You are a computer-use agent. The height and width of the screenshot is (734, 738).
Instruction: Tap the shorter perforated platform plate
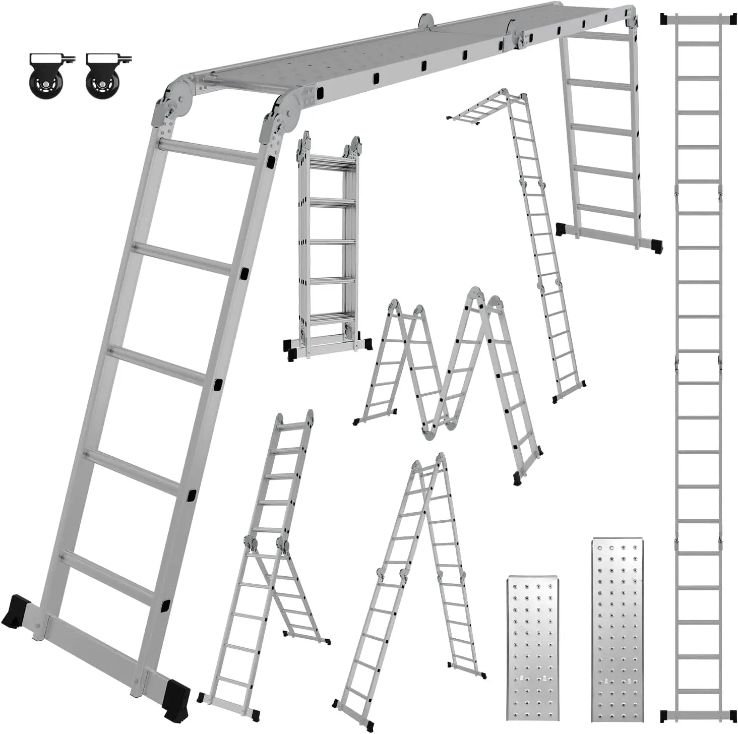tap(532, 650)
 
